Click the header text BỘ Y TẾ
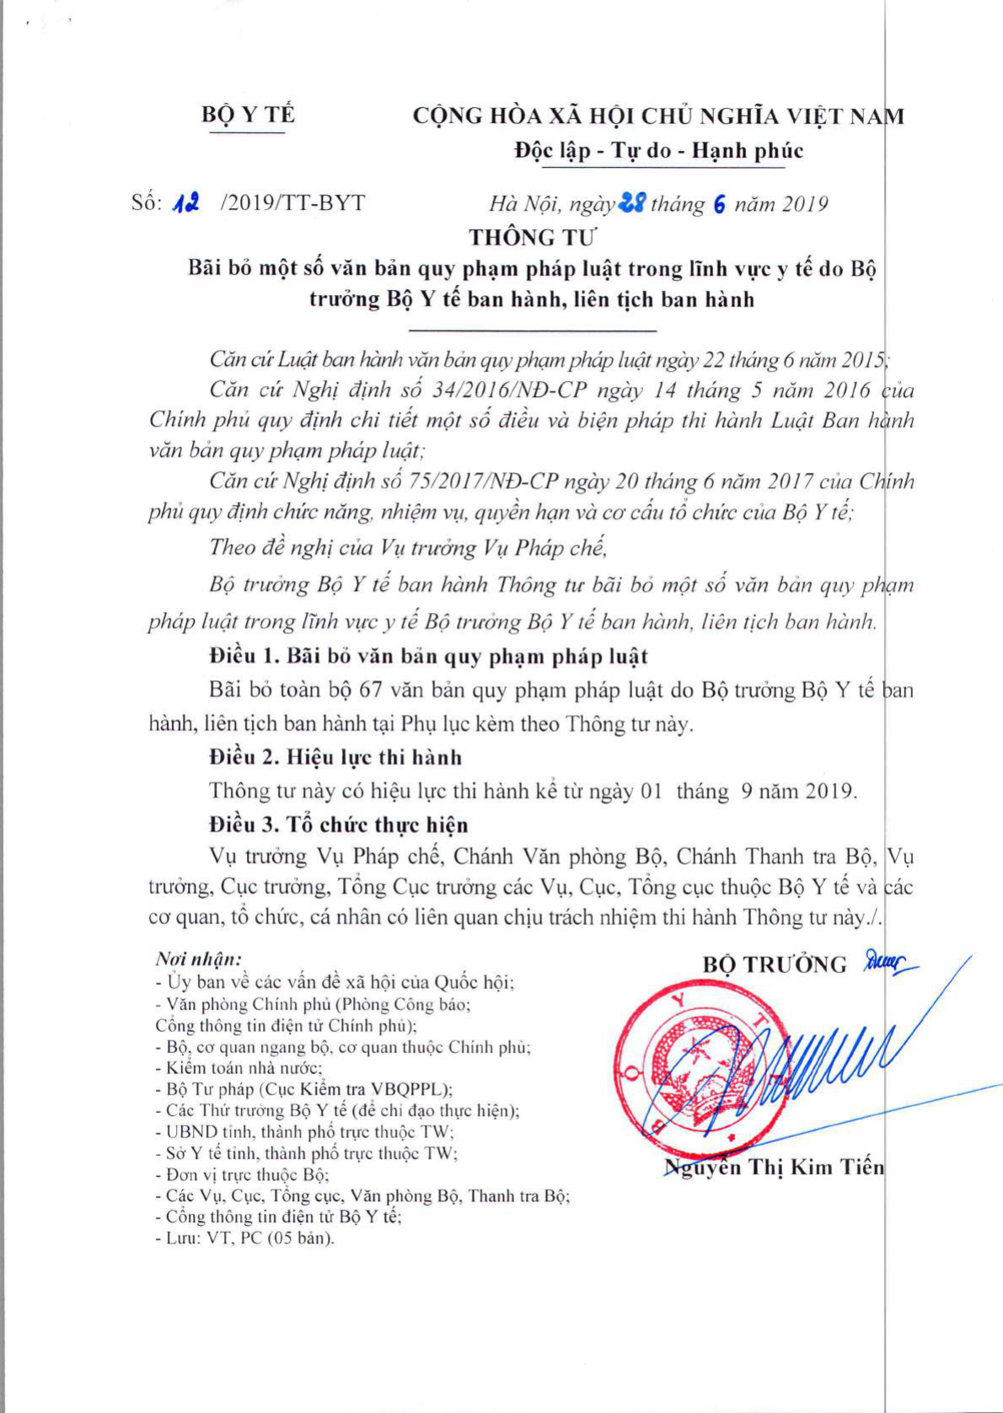click(x=248, y=115)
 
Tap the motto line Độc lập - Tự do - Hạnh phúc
click(x=658, y=151)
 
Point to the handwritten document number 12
click(x=185, y=204)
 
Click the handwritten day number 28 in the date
click(x=631, y=203)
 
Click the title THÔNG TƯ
click(x=533, y=237)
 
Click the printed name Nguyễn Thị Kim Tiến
click(x=775, y=1168)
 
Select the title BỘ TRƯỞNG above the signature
click(x=775, y=964)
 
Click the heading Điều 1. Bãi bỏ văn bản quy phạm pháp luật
click(x=429, y=656)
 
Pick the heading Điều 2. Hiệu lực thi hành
click(x=335, y=757)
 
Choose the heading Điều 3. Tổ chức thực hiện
click(x=339, y=824)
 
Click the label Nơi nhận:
click(x=199, y=959)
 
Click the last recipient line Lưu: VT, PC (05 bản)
click(x=245, y=1238)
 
